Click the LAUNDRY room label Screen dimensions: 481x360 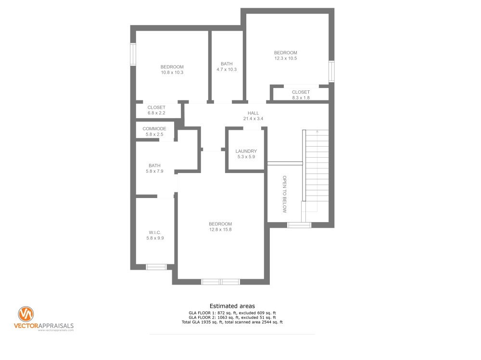246,151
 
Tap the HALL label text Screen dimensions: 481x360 253,113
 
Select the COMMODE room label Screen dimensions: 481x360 154,129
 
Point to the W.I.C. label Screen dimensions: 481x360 155,233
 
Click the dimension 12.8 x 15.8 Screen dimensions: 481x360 220,229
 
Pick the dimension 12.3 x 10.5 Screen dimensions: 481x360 286,58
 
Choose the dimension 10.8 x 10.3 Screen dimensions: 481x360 172,73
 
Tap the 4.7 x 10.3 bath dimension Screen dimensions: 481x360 227,69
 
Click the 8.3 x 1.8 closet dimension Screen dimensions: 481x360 301,98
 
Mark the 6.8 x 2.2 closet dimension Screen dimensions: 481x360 156,113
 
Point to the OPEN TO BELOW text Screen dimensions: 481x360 284,194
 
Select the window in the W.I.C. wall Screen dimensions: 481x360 156,267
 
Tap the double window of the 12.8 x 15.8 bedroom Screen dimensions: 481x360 221,282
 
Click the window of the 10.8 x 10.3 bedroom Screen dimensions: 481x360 133,54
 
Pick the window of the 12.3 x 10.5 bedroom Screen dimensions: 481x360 331,72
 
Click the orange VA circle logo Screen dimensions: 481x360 26,314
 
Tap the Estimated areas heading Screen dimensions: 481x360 232,306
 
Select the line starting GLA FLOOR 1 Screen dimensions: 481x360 232,313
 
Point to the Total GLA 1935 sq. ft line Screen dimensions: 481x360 232,323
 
